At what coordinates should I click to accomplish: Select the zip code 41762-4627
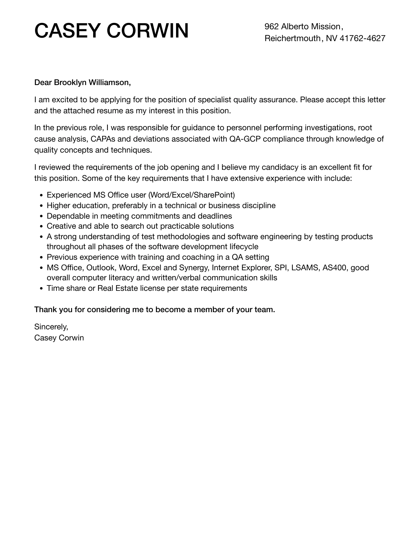coord(362,38)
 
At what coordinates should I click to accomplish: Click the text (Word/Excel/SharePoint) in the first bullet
coord(191,195)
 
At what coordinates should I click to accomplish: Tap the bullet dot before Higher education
coord(42,206)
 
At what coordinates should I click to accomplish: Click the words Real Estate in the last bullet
coord(118,288)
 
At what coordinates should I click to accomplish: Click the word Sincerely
coord(51,327)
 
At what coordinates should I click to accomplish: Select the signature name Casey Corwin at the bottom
coord(59,338)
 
